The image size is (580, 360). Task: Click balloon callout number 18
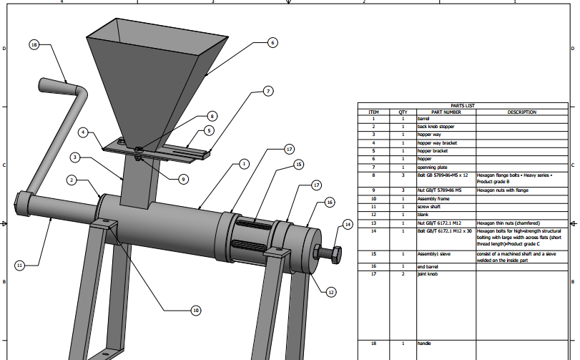click(x=34, y=45)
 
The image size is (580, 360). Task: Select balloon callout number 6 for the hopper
click(x=272, y=43)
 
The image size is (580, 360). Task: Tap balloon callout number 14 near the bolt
click(x=348, y=225)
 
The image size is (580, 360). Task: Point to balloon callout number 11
click(x=20, y=266)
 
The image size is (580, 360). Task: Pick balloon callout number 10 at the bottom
click(x=196, y=311)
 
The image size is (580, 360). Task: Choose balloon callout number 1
click(x=244, y=164)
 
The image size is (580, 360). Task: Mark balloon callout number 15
click(x=298, y=165)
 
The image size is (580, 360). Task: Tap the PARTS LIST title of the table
click(x=463, y=105)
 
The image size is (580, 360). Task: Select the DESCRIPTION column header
click(x=521, y=112)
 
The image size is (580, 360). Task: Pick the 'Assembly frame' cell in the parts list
click(x=433, y=198)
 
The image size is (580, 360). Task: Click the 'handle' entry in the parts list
click(x=424, y=344)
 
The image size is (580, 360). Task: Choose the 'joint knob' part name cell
click(x=428, y=273)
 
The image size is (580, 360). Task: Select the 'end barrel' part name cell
click(x=428, y=266)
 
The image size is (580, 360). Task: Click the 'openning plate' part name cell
click(x=432, y=167)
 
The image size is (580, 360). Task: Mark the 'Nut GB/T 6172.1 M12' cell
click(x=438, y=223)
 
